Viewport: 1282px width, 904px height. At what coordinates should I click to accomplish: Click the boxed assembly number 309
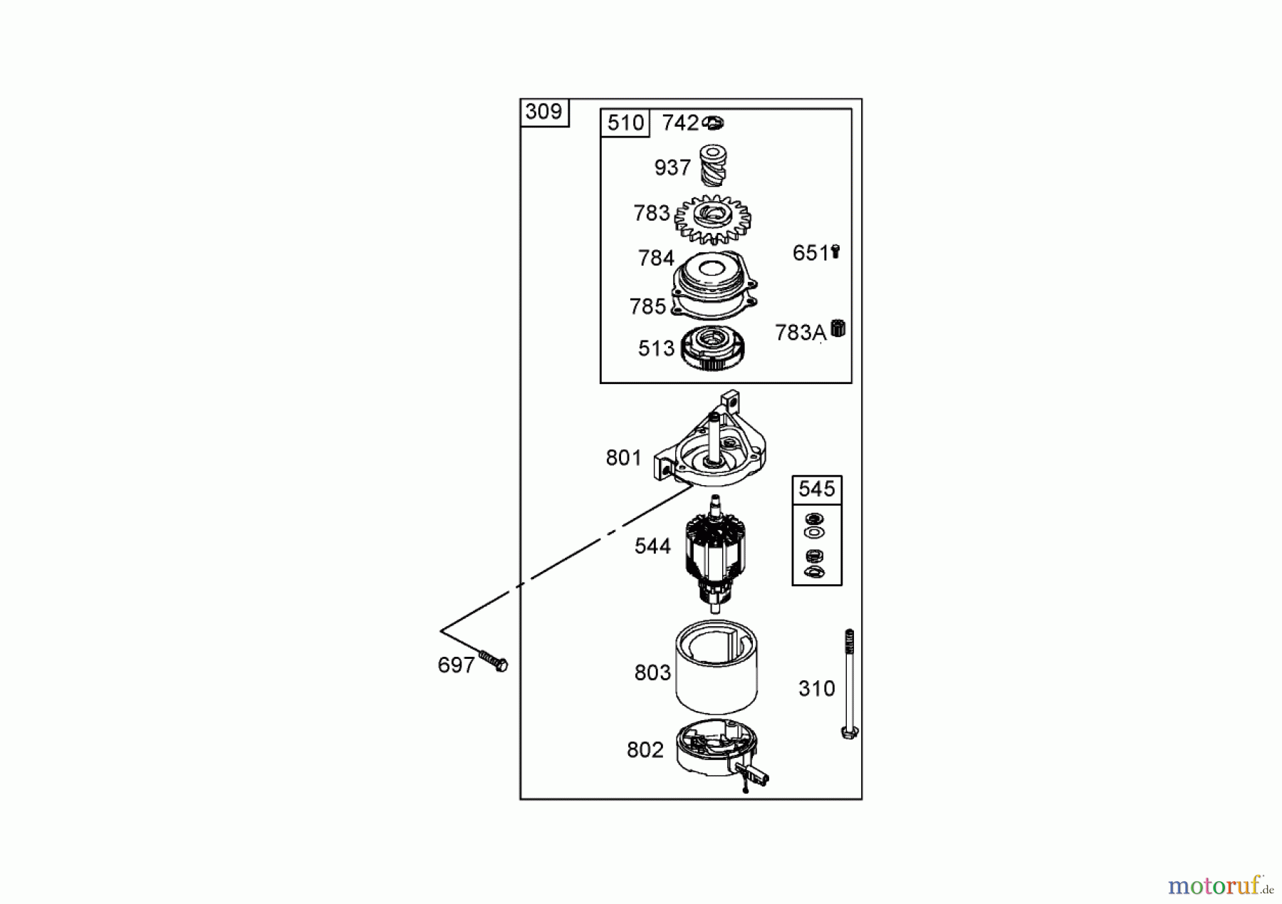click(x=543, y=112)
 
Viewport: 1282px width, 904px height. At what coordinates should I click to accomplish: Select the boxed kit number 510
click(x=625, y=123)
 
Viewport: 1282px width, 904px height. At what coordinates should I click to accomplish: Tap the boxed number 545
click(x=816, y=489)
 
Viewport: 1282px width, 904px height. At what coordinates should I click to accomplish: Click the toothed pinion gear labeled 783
click(x=712, y=219)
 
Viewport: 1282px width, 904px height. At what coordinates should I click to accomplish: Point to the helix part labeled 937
click(x=712, y=165)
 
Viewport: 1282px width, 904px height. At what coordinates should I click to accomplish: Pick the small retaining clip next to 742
click(x=713, y=123)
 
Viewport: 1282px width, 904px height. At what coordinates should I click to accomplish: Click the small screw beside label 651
click(x=835, y=251)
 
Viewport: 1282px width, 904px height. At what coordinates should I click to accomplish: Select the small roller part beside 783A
click(x=838, y=329)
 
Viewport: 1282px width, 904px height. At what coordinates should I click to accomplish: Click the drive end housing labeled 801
click(x=712, y=442)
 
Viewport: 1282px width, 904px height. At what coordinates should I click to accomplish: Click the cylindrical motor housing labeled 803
click(x=716, y=667)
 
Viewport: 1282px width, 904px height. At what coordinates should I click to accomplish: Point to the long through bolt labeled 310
click(x=849, y=684)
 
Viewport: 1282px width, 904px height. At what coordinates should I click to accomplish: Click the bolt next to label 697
click(x=494, y=660)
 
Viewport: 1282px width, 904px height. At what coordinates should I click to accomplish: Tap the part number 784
click(x=656, y=258)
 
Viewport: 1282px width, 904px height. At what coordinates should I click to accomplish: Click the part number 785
click(x=647, y=306)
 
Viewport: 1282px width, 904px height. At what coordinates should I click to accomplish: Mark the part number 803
click(x=652, y=672)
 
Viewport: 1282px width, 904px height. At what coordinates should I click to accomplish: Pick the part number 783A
click(x=801, y=333)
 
